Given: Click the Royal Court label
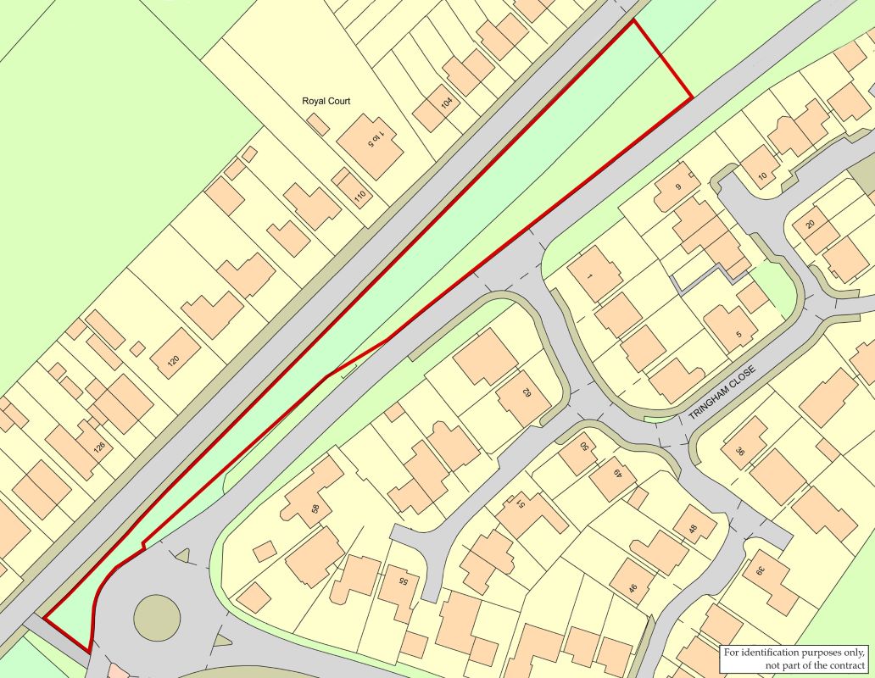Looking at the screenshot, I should [x=326, y=101].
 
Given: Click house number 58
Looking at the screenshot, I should [x=315, y=508].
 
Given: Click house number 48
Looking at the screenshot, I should [x=693, y=530].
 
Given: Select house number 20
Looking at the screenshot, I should [x=810, y=224].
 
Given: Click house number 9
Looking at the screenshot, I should [x=677, y=186].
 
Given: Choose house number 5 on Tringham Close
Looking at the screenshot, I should [x=738, y=334].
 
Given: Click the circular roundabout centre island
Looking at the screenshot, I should [x=157, y=616].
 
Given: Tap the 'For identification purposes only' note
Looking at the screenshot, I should [x=795, y=658].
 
